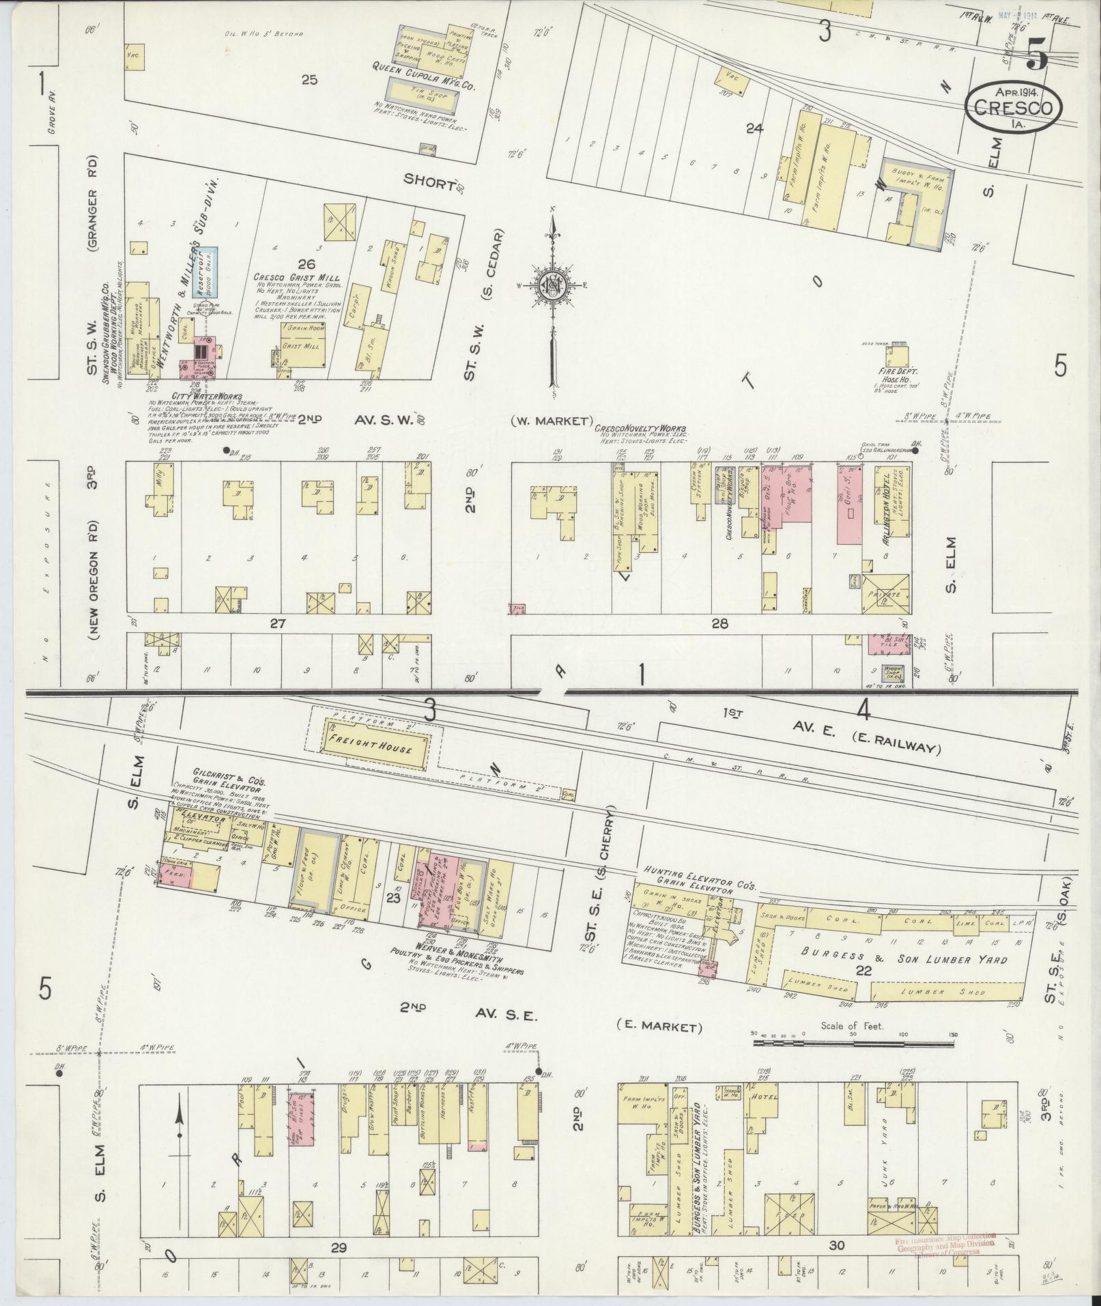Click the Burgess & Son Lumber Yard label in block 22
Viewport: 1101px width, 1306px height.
pyautogui.click(x=905, y=959)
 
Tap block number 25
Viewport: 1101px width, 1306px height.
pyautogui.click(x=309, y=80)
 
